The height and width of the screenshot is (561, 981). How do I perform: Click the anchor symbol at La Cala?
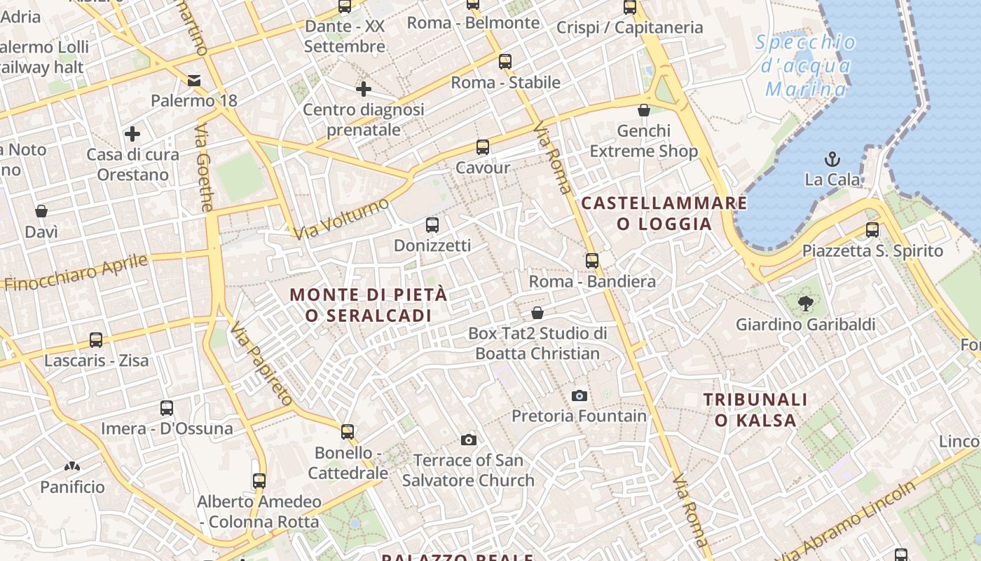coord(832,158)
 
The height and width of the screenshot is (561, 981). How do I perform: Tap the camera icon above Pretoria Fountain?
coord(579,396)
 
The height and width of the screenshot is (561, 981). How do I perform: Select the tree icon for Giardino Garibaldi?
coord(806,304)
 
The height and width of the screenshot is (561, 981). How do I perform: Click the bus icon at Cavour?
coord(483,147)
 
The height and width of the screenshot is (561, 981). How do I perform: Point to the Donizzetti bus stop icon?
coord(432,225)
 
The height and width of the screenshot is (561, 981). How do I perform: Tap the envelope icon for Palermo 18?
coord(194,81)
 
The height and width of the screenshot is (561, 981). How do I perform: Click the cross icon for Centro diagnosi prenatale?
coord(363,89)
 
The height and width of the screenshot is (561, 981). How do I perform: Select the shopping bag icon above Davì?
coord(41,211)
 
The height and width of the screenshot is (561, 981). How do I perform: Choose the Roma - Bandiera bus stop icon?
coord(592,261)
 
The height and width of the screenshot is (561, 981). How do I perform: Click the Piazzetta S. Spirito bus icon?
coord(872,230)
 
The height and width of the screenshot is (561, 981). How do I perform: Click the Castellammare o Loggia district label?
coord(664,214)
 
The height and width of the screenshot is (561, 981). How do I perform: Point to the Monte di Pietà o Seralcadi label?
coord(369,305)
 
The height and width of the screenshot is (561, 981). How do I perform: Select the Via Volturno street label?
coord(341,218)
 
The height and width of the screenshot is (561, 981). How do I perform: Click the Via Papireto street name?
coord(261,365)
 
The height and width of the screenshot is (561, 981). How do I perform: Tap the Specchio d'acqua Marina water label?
coord(806,66)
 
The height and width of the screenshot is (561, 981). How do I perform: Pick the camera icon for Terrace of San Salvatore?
coord(469,440)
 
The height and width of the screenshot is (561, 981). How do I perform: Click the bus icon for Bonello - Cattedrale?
coord(348,432)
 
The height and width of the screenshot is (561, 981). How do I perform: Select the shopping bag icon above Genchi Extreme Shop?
coord(644,110)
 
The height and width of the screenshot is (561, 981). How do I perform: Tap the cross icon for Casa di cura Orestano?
coord(132,134)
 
